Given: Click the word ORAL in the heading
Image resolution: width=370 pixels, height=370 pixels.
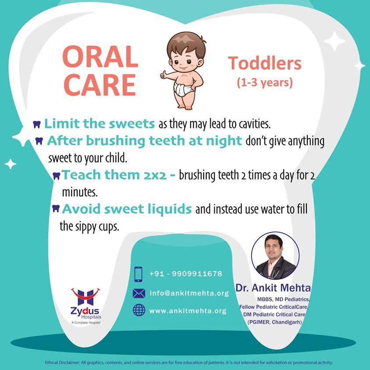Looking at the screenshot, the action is [x=100, y=57].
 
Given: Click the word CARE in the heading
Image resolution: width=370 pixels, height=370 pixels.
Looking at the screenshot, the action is [x=100, y=85].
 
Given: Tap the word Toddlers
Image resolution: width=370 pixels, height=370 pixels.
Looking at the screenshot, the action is [x=265, y=63].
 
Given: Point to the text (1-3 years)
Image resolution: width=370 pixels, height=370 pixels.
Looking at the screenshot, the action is [x=265, y=83].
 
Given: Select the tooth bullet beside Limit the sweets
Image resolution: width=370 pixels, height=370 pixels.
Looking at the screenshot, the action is [x=37, y=124].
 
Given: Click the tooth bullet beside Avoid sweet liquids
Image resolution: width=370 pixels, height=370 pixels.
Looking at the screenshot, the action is [x=56, y=208].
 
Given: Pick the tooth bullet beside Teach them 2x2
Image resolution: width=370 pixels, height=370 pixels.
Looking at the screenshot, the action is [x=56, y=176].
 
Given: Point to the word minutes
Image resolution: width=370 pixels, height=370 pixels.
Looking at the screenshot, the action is [x=80, y=192].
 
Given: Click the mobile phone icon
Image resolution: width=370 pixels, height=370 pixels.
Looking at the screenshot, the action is [x=138, y=274].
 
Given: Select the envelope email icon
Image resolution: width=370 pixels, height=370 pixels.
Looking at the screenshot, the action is [x=139, y=293].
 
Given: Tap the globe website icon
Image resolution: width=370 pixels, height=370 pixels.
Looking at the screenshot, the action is [x=139, y=310].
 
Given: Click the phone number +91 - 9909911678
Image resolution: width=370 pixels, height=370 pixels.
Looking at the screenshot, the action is [x=186, y=274].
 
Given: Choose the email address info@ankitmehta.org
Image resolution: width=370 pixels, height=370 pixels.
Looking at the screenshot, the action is [x=189, y=293].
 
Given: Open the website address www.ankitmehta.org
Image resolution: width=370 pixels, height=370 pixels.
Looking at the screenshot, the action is [x=188, y=311].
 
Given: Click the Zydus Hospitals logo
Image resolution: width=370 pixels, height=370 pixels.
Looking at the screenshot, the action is [x=86, y=306].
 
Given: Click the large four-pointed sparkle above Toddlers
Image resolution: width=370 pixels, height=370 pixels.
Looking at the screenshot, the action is [x=334, y=41].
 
